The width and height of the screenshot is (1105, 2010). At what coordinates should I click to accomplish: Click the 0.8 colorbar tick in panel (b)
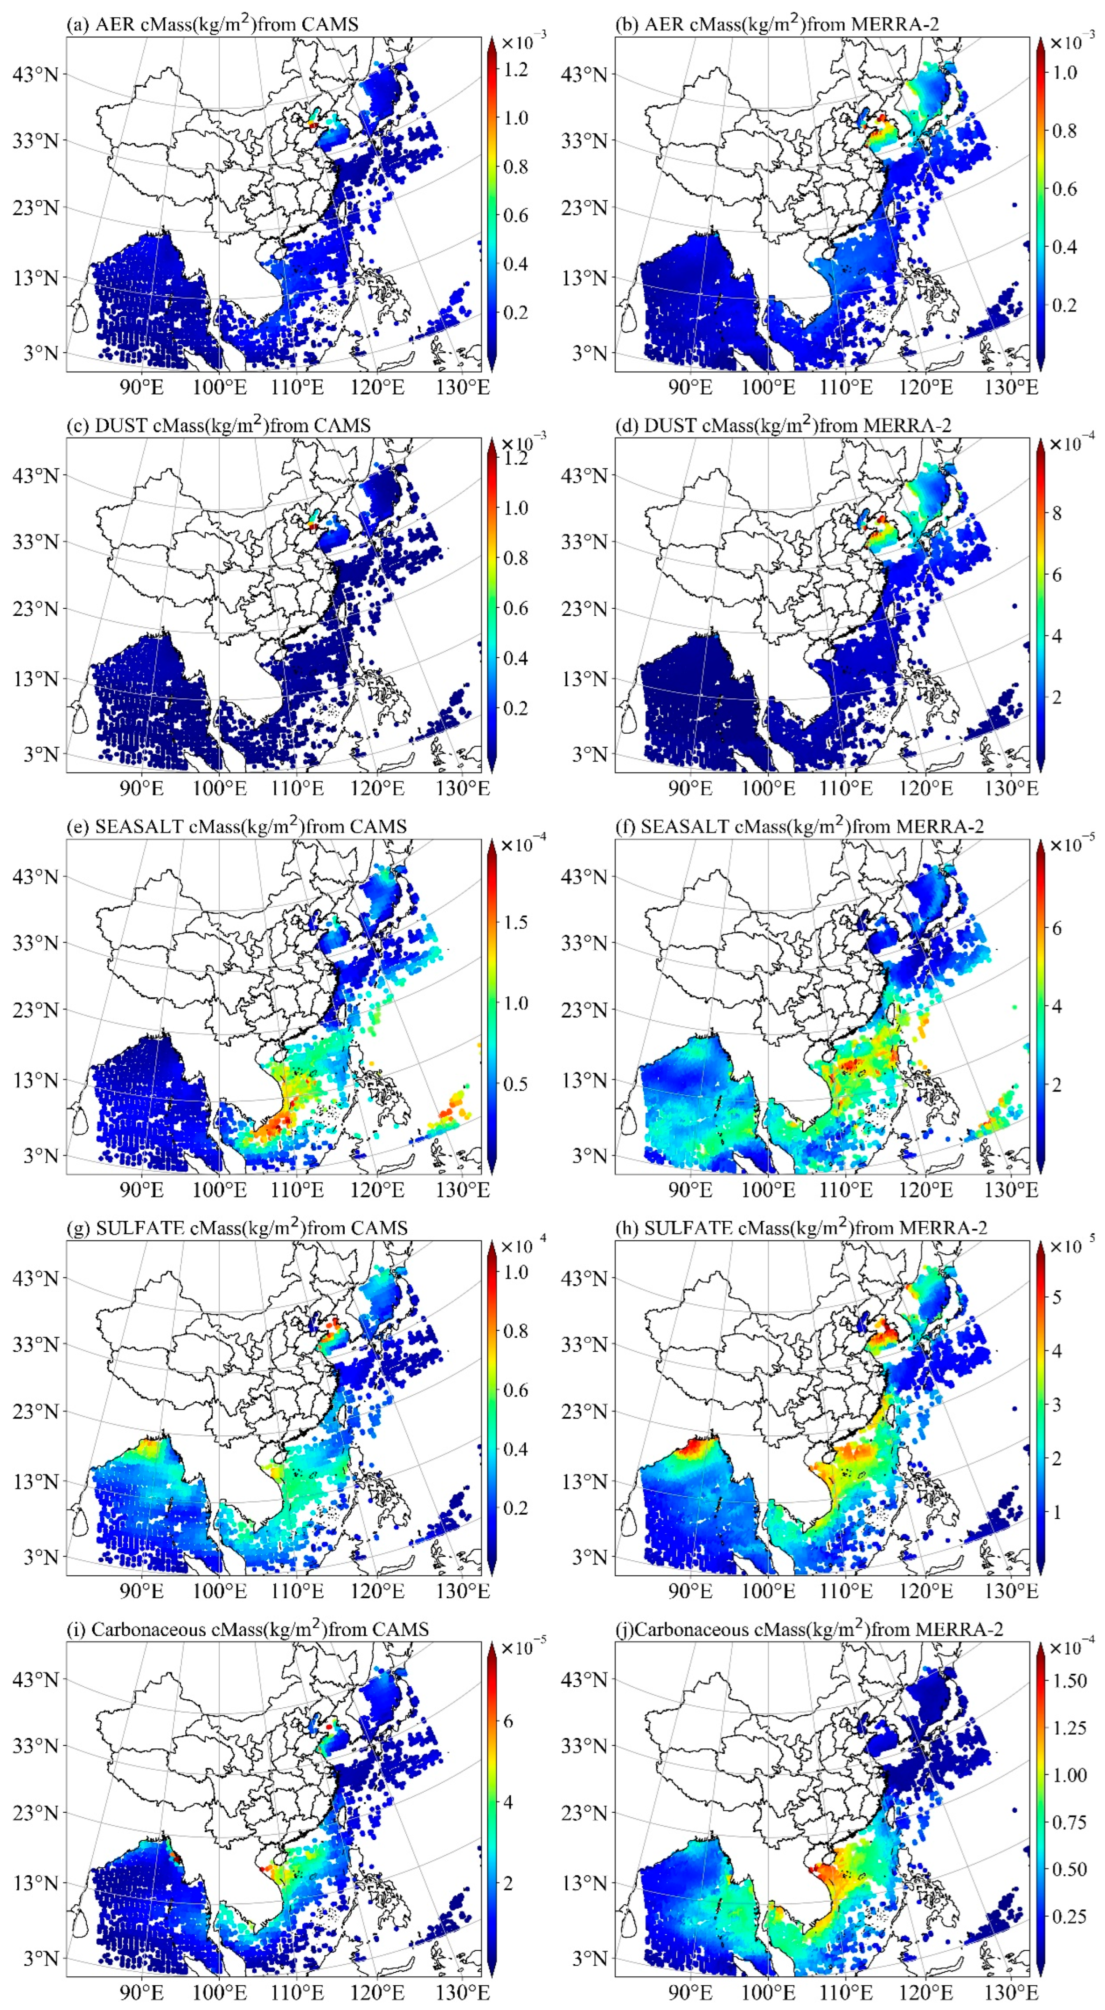coord(1063,130)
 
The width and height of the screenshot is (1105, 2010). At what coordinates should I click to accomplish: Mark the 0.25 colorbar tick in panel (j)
coord(1069,1916)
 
